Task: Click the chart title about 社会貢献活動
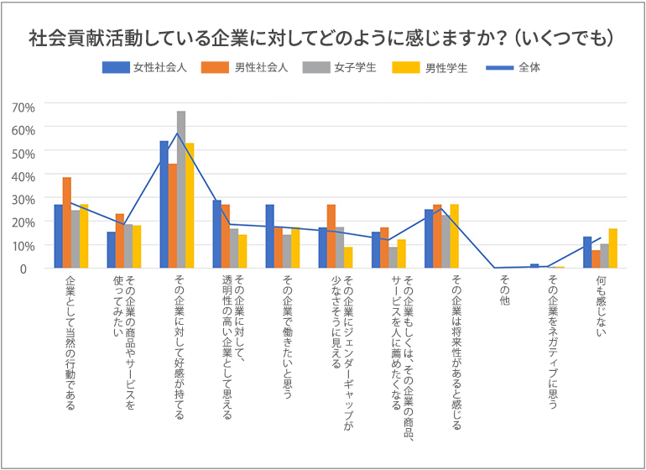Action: click(x=323, y=38)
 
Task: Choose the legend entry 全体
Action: click(x=529, y=68)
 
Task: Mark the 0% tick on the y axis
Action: click(x=26, y=269)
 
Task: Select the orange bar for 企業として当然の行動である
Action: click(x=66, y=222)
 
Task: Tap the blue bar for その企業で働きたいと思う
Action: click(x=270, y=236)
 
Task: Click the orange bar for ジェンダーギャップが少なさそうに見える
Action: click(x=331, y=236)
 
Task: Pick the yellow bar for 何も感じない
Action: click(x=613, y=248)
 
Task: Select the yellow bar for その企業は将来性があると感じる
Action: click(x=455, y=236)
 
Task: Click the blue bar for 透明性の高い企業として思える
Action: click(x=216, y=234)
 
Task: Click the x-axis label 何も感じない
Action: click(x=601, y=305)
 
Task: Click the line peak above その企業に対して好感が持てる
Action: click(x=177, y=133)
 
